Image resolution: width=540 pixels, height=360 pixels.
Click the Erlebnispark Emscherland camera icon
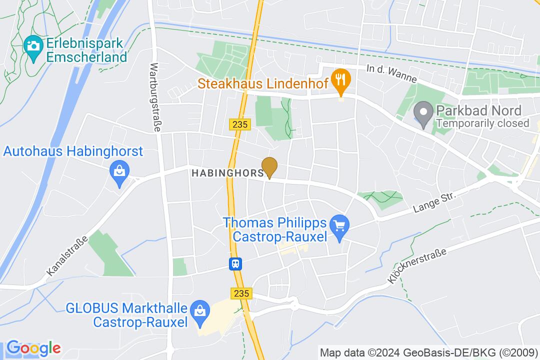point(33,45)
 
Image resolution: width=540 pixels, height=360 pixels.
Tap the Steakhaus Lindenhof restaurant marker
point(341,79)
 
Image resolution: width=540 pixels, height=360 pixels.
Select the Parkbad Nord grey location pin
point(424,112)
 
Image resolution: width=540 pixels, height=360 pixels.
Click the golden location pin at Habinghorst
point(270,165)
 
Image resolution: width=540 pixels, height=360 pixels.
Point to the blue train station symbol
point(235,263)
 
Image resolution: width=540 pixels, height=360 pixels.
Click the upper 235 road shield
point(240,124)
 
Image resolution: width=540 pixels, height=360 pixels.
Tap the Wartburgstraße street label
point(155,97)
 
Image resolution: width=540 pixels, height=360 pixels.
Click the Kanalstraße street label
point(67,255)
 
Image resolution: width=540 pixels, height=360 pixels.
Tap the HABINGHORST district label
point(227,173)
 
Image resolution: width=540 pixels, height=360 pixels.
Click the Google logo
point(33,347)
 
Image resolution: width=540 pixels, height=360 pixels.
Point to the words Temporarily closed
point(482,123)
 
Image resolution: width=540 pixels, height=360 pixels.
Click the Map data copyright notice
point(428,352)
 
